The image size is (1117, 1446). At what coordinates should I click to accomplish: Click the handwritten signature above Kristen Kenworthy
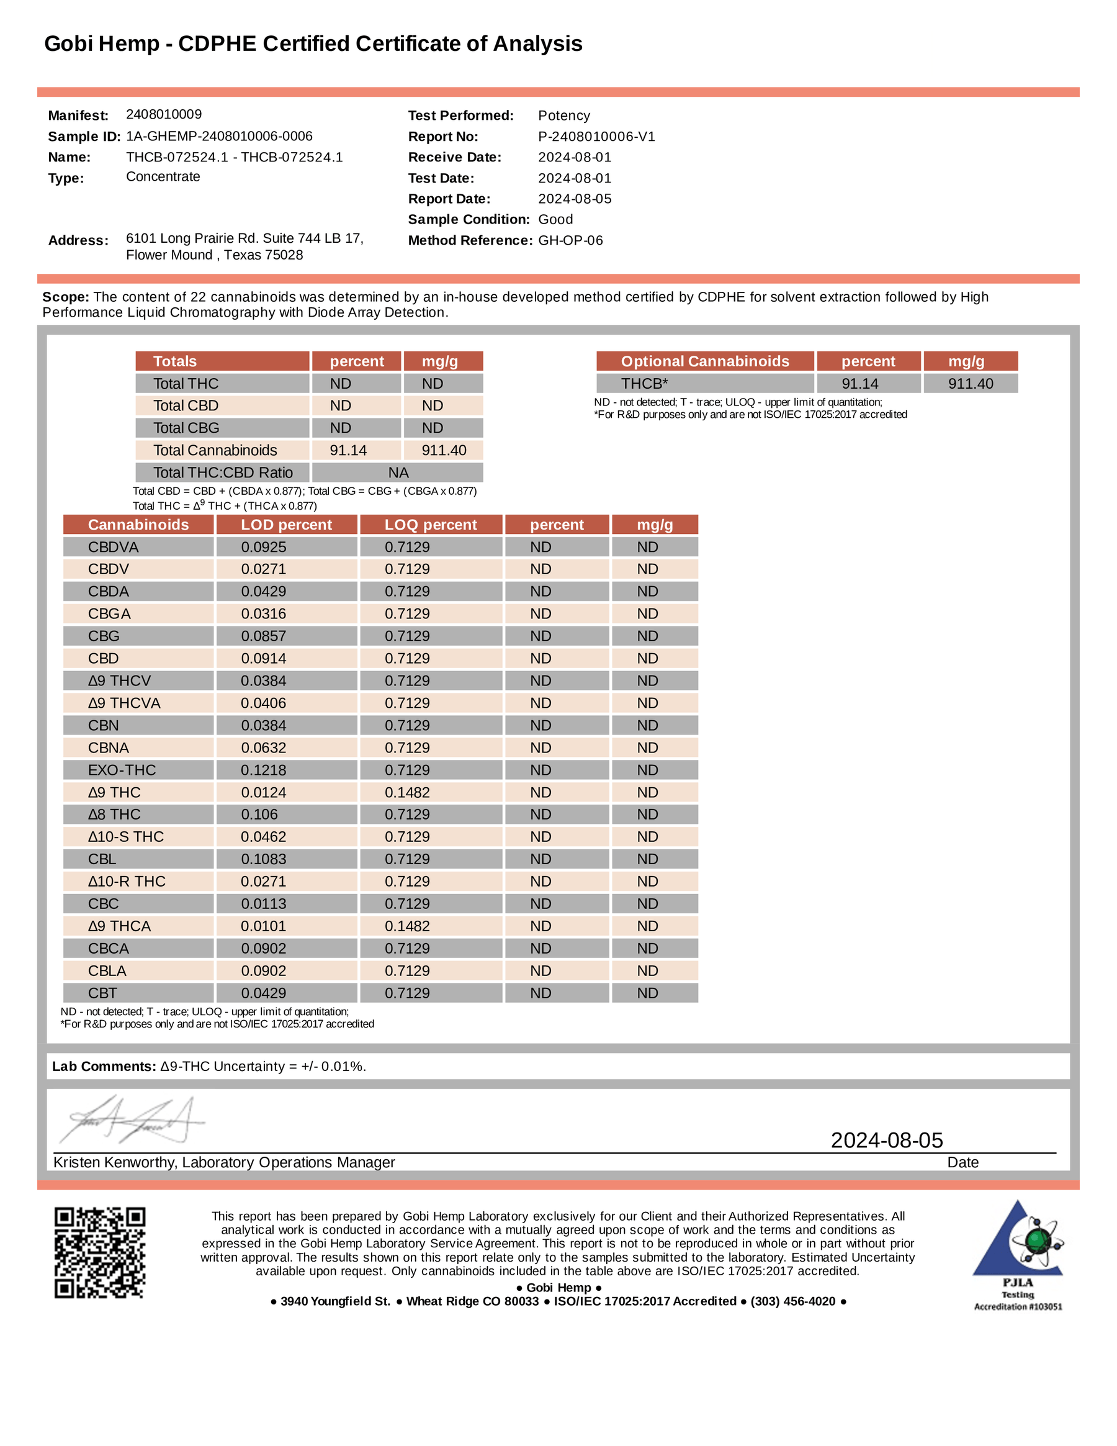coord(132,1120)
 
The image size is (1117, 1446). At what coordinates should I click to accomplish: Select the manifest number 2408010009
coord(163,114)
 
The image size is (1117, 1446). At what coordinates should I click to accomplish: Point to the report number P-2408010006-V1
coord(596,137)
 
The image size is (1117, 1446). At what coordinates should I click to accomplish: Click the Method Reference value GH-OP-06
coord(570,240)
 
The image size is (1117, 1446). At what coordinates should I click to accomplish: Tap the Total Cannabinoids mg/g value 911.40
coord(444,450)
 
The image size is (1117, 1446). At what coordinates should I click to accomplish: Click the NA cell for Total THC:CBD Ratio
coord(398,472)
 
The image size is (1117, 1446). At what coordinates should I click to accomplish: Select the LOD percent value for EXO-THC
coord(263,770)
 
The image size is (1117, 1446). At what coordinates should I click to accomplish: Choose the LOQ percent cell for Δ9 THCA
coord(407,926)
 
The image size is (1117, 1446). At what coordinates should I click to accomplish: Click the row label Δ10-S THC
coord(126,837)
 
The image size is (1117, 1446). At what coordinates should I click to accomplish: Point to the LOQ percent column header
coord(431,525)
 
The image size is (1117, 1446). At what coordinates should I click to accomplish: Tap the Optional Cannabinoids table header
coord(705,361)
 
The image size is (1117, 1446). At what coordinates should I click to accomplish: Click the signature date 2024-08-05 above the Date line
coord(886,1140)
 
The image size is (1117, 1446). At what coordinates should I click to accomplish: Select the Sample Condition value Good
coord(555,219)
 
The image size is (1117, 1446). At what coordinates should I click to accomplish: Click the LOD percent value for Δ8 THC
coord(259,815)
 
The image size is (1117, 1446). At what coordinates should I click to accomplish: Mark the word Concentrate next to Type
coord(163,177)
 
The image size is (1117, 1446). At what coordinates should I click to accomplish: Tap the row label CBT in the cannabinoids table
coord(102,993)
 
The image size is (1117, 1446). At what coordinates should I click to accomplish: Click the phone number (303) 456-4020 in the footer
coord(792,1301)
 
